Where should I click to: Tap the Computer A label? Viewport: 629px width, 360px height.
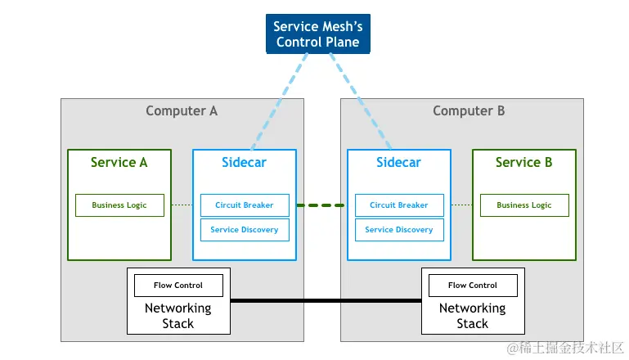pos(182,111)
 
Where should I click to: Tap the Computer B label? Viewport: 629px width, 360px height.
pos(469,111)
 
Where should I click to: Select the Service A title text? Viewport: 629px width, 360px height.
pos(119,162)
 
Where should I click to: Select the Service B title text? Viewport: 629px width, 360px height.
pos(523,162)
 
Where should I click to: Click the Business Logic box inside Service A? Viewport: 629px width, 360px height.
pos(119,205)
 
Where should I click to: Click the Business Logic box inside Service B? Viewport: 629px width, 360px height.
pos(523,205)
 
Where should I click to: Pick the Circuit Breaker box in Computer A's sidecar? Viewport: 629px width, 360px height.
pos(244,205)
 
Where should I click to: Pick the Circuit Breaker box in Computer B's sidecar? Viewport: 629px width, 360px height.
pos(399,205)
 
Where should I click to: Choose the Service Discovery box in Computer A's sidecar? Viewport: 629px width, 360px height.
pos(244,230)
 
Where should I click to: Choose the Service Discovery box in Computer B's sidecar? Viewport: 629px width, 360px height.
pos(399,230)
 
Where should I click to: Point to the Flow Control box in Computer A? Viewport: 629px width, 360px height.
pos(178,286)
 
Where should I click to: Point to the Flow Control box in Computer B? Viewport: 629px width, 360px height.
pos(473,286)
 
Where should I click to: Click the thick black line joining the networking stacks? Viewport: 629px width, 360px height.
pos(326,301)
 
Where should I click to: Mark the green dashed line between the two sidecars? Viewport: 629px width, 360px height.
pos(321,205)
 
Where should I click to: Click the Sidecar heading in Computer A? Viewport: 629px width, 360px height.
pos(244,162)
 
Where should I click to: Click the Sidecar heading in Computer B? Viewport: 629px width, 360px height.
pos(399,162)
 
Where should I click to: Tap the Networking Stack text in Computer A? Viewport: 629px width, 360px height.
pos(178,316)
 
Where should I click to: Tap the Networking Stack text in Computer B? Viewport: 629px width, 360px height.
pos(473,316)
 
